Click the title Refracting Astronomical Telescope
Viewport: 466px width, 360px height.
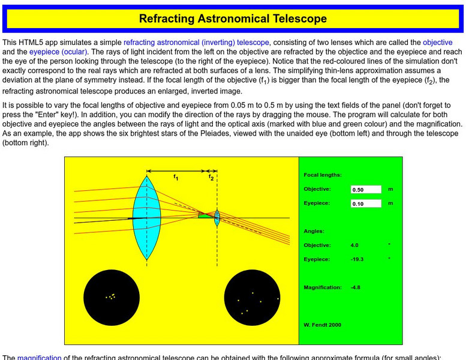pos(233,19)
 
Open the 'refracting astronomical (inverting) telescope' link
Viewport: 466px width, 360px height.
pos(196,43)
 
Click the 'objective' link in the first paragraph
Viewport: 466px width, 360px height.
pos(437,43)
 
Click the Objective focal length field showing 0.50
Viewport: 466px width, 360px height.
pos(366,190)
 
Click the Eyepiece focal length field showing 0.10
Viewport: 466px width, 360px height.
pos(366,203)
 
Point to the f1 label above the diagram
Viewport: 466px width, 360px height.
pos(175,176)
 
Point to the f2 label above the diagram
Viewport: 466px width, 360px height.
pos(211,176)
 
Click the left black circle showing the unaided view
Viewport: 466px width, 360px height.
pos(111,296)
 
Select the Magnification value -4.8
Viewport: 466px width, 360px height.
pos(356,287)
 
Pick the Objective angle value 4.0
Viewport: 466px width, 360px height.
pos(354,245)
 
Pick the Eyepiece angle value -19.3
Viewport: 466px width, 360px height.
pos(357,259)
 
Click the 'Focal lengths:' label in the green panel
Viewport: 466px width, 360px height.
pos(323,175)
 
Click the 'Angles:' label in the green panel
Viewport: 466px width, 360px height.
pos(314,231)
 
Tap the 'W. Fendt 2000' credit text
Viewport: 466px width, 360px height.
pos(323,325)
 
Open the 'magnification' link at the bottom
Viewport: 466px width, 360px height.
pos(39,357)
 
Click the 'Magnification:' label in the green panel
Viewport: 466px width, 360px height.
pos(323,287)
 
